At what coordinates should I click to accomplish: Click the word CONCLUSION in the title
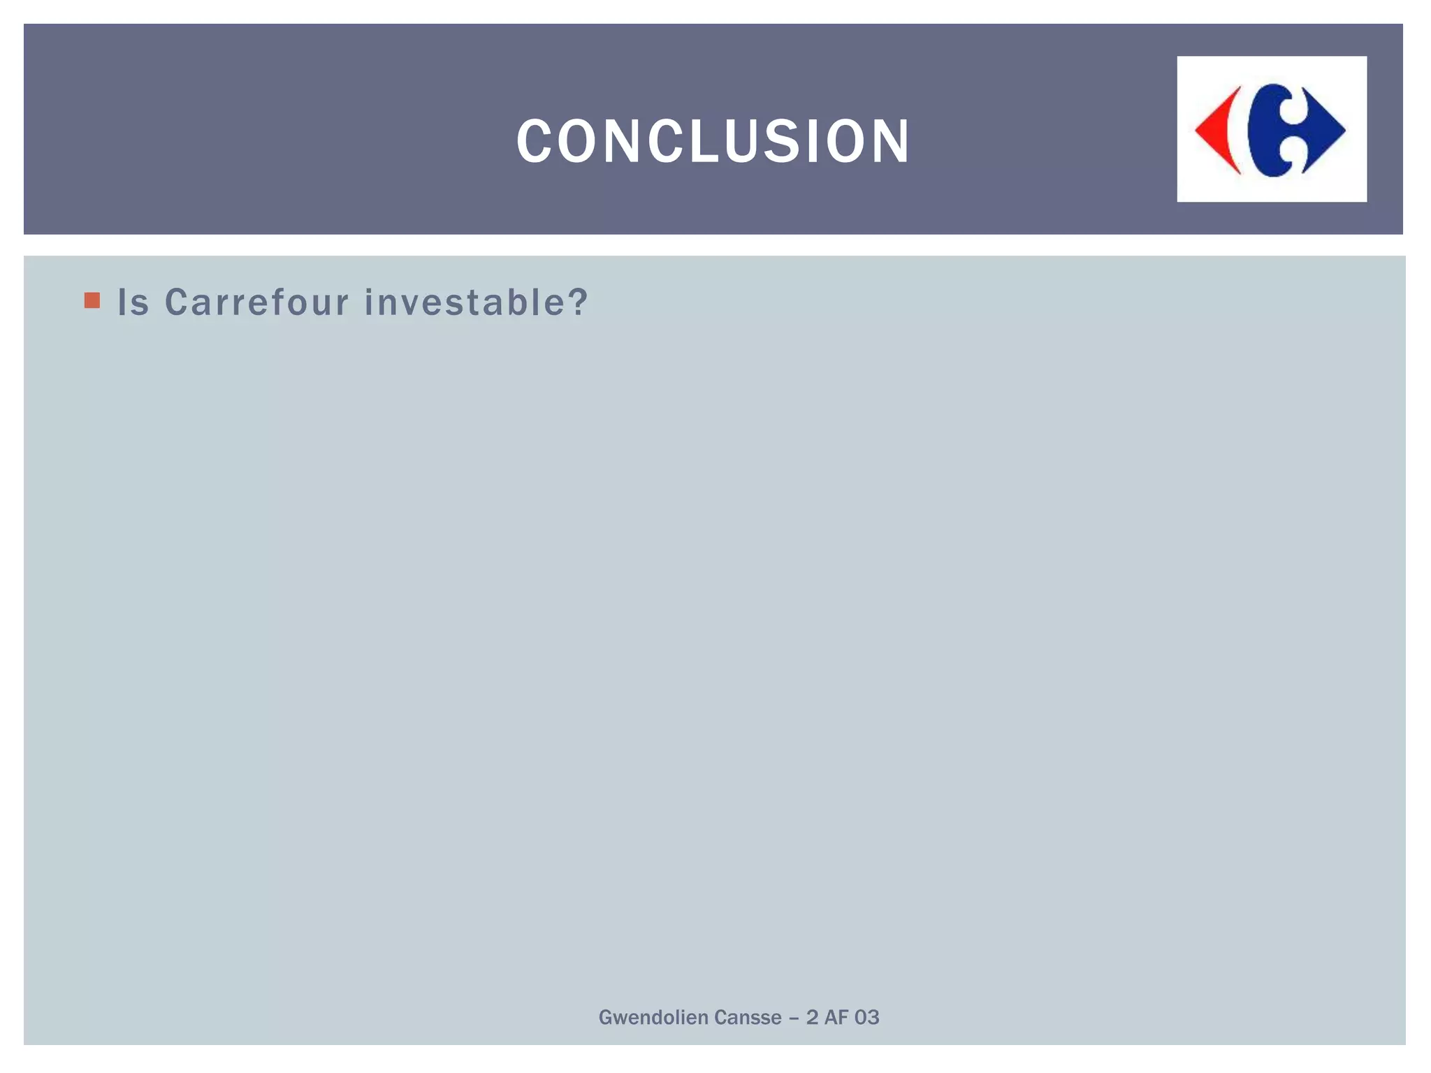coord(713,142)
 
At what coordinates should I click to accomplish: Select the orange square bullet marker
coord(92,301)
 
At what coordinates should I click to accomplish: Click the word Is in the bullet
coord(133,303)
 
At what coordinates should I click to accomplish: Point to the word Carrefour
coord(256,303)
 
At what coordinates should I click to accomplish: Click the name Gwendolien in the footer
coord(653,1018)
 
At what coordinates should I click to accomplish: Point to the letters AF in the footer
coord(836,1018)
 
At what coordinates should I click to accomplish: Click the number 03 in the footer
coord(866,1018)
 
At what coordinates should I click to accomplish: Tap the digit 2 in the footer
coord(812,1018)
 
